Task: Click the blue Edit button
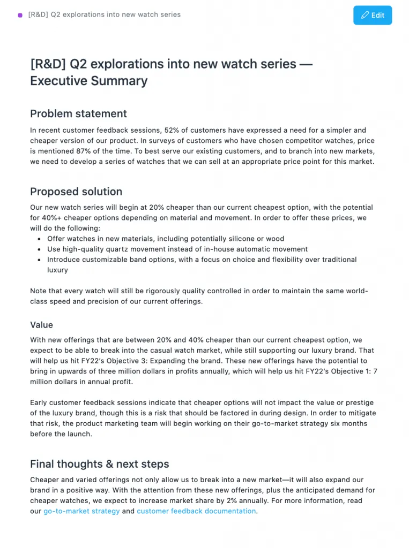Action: pos(373,15)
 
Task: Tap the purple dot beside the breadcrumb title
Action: pos(20,15)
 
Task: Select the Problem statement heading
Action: pos(78,113)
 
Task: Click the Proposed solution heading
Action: pos(76,192)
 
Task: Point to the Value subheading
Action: pos(41,325)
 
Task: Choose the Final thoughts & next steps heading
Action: pos(99,464)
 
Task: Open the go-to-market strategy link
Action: pos(81,511)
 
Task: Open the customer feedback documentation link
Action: pos(196,511)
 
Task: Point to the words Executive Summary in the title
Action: pos(88,81)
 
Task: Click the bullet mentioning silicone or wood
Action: pos(166,239)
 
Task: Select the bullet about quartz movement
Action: pos(177,249)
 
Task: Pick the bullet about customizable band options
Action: pos(202,260)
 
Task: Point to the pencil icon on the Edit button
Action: pos(365,15)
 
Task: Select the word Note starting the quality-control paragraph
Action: pos(39,291)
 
